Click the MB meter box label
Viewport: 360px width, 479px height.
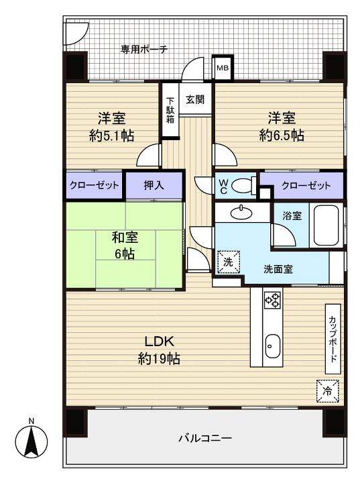(x=221, y=68)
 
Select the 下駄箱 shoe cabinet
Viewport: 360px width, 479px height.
(x=170, y=111)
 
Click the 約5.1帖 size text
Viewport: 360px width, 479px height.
(x=112, y=136)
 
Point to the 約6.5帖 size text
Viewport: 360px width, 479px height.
(x=282, y=136)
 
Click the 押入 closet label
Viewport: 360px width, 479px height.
(x=154, y=186)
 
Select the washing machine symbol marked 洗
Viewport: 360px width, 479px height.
(x=228, y=262)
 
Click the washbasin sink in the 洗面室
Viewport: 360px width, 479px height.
(x=239, y=213)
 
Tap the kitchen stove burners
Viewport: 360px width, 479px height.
(x=272, y=300)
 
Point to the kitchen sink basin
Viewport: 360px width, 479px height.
(x=271, y=347)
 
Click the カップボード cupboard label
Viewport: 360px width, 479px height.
(x=333, y=339)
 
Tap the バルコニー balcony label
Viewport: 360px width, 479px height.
(x=204, y=438)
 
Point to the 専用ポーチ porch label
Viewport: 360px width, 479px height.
(x=143, y=49)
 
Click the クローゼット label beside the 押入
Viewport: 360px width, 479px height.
(x=94, y=186)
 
